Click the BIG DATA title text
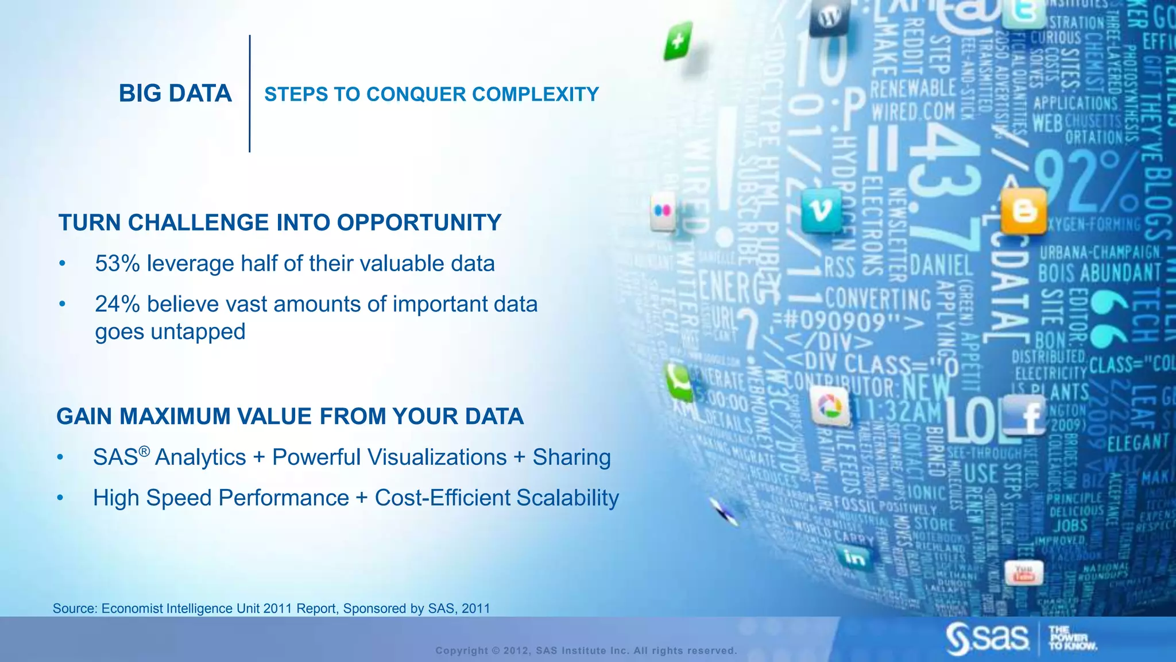(175, 94)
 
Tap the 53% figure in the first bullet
(117, 264)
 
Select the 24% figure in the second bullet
(117, 305)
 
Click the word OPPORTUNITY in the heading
(419, 223)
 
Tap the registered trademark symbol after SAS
(144, 452)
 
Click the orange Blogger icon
(1023, 211)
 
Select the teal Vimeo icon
(821, 211)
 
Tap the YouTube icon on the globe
(1024, 574)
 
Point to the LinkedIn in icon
(855, 558)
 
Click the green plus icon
(678, 41)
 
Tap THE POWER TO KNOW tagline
(1071, 638)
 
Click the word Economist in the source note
(131, 609)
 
